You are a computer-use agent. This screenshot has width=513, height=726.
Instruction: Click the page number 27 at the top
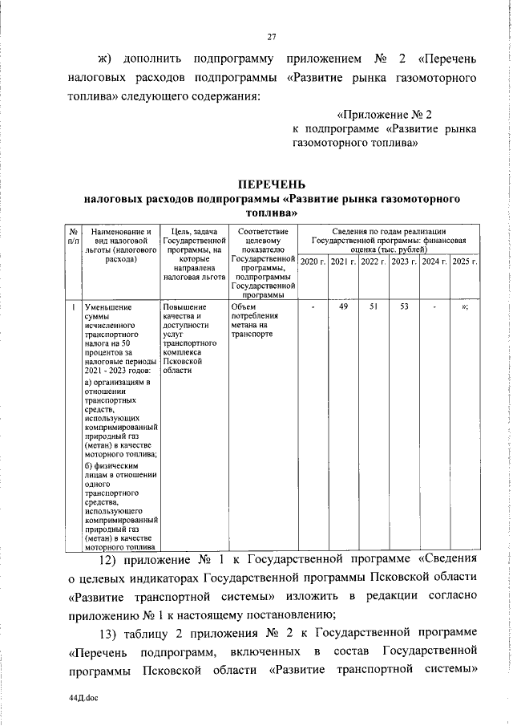click(x=271, y=36)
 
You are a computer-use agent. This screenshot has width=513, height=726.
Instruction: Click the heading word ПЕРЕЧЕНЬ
click(x=271, y=185)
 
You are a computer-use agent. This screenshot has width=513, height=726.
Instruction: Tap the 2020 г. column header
click(x=312, y=262)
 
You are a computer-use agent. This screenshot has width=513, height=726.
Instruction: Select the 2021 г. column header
click(x=343, y=262)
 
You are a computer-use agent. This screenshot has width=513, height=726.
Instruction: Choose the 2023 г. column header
click(x=404, y=262)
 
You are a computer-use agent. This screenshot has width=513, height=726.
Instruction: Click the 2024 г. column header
click(x=434, y=262)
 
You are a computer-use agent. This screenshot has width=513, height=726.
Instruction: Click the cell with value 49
click(x=343, y=307)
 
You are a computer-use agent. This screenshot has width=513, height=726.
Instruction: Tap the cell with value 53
click(x=404, y=307)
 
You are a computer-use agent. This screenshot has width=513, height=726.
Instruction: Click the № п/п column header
click(x=73, y=234)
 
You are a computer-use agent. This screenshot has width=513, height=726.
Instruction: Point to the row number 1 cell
click(x=73, y=307)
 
